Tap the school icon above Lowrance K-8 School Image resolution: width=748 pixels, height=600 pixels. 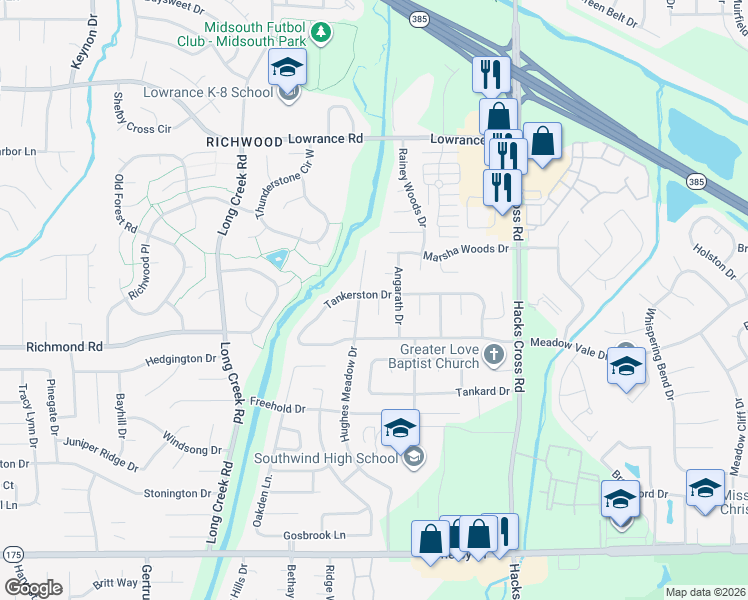288,69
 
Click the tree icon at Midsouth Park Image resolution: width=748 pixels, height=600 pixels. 321,33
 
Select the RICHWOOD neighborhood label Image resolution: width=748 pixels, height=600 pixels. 244,143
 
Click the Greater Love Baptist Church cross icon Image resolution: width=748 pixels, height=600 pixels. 493,353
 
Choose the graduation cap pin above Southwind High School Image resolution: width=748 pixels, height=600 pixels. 399,429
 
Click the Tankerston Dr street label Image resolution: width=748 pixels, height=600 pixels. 356,295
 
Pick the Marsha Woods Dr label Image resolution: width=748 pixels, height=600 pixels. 465,249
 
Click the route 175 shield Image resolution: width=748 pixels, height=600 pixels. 12,554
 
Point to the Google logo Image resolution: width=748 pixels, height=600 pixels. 32,587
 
